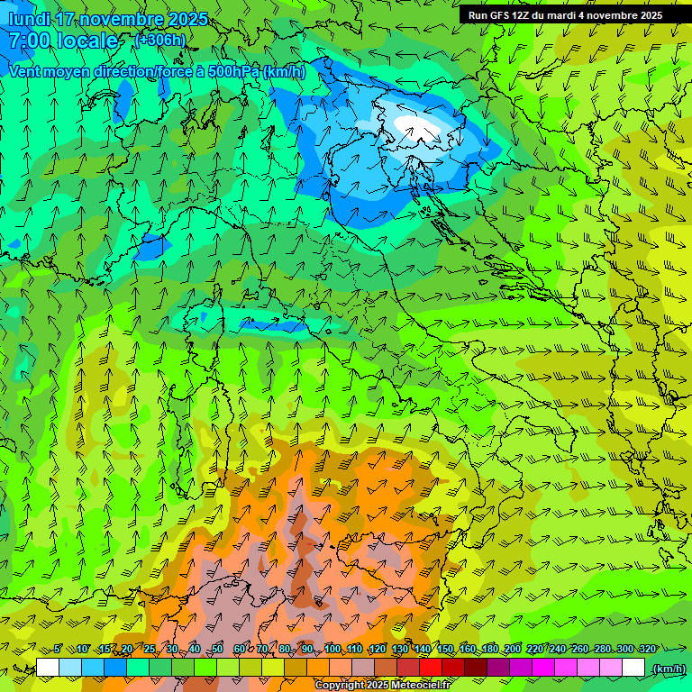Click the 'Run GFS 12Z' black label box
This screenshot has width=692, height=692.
pyautogui.click(x=565, y=15)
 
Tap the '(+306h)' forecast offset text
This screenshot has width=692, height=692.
pyautogui.click(x=159, y=40)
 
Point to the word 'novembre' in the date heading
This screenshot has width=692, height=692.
pyautogui.click(x=109, y=19)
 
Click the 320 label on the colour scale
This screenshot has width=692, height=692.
pyautogui.click(x=647, y=649)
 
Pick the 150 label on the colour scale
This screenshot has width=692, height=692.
pyautogui.click(x=445, y=649)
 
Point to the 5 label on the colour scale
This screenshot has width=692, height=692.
pyautogui.click(x=58, y=649)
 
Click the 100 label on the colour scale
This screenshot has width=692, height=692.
pyautogui.click(x=332, y=649)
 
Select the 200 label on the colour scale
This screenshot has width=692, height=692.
pyautogui.click(x=513, y=649)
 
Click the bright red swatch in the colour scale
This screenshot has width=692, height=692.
pyautogui.click(x=431, y=668)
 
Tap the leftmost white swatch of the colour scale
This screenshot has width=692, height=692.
pyautogui.click(x=48, y=668)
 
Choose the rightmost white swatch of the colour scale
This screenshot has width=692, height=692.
pyautogui.click(x=633, y=668)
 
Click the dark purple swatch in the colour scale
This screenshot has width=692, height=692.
pyautogui.click(x=498, y=668)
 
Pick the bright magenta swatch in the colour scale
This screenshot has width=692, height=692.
pyautogui.click(x=543, y=668)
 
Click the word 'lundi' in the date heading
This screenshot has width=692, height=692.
pyautogui.click(x=31, y=19)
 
